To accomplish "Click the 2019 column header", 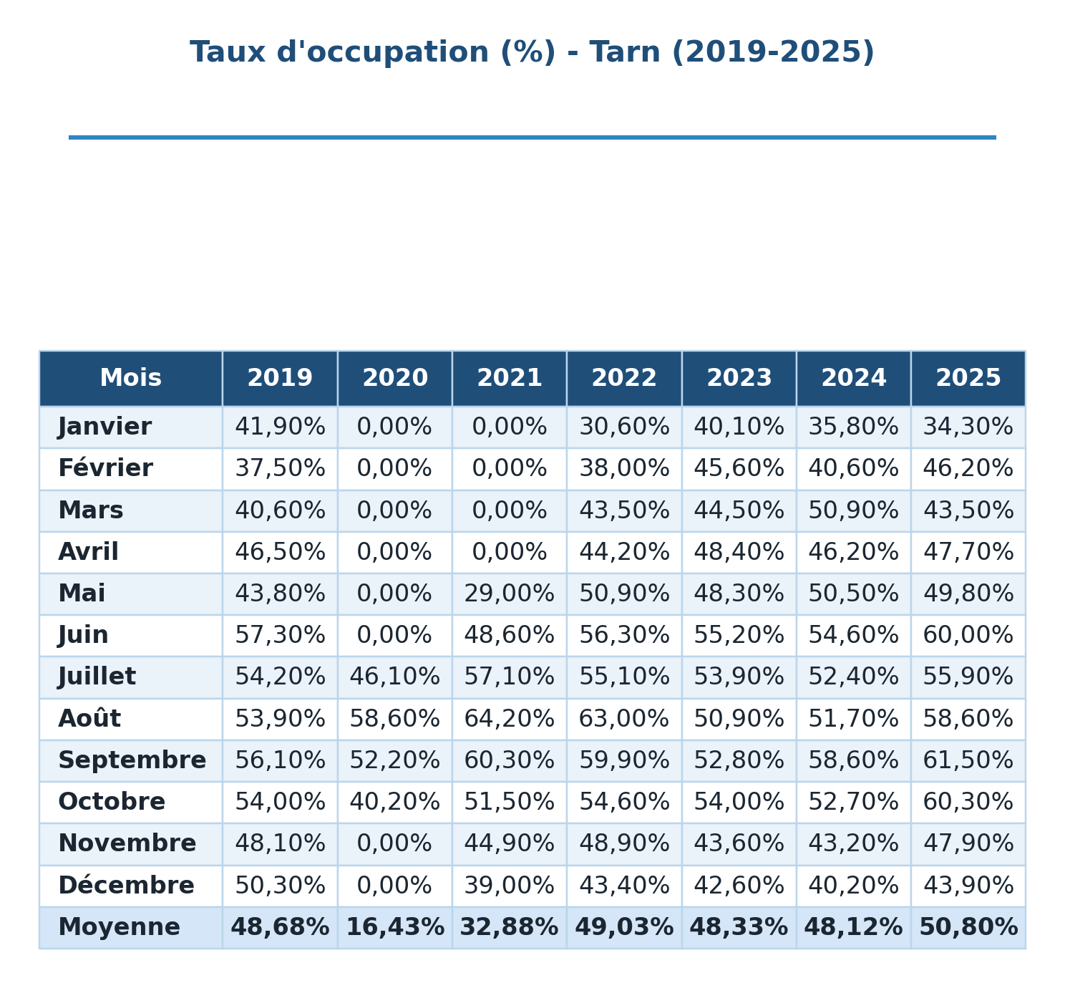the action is coord(279,378).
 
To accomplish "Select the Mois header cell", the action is coord(130,378).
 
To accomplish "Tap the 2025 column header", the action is coord(968,378).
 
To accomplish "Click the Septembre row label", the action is coord(132,760).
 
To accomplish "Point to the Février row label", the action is coord(105,468).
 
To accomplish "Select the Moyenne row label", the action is coord(119,927).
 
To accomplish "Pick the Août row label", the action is coord(89,719).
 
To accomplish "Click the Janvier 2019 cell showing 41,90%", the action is coord(280,427).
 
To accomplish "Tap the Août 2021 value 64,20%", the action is coord(509,719).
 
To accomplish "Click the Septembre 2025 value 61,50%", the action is coord(968,760).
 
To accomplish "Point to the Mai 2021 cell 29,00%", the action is coord(509,594).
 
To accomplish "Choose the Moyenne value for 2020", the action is coord(395,927).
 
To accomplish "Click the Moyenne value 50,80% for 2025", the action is coord(968,927).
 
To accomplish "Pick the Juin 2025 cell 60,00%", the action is coord(968,635).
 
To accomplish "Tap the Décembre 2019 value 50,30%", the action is coord(280,886).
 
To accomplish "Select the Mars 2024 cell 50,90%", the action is coord(853,510).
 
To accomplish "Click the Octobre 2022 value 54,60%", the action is coord(624,802).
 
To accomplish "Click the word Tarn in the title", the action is coord(625,52).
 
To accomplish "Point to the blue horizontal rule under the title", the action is coord(532,137).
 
